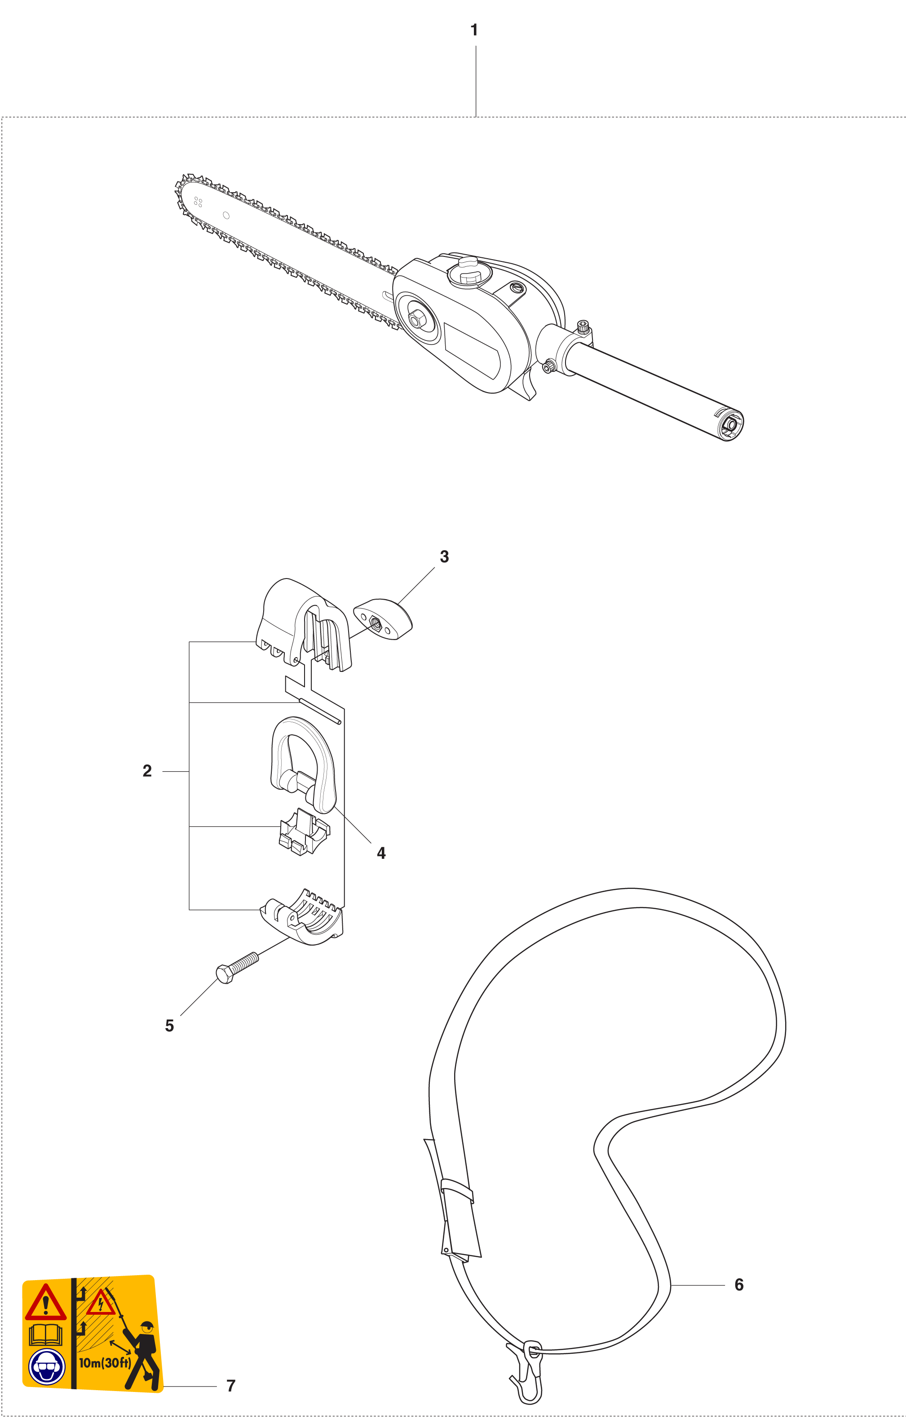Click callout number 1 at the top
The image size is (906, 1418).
[x=474, y=30]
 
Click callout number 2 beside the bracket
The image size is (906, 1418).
[x=147, y=771]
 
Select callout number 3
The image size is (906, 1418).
[x=444, y=557]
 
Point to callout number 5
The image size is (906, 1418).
[x=170, y=1026]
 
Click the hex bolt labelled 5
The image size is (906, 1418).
[x=238, y=967]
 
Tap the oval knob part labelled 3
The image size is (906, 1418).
[x=383, y=619]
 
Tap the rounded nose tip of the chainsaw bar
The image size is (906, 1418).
[x=180, y=189]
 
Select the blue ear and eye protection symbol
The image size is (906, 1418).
[x=47, y=1367]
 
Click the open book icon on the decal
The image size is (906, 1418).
[x=46, y=1335]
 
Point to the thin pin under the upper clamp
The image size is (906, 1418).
[x=320, y=711]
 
